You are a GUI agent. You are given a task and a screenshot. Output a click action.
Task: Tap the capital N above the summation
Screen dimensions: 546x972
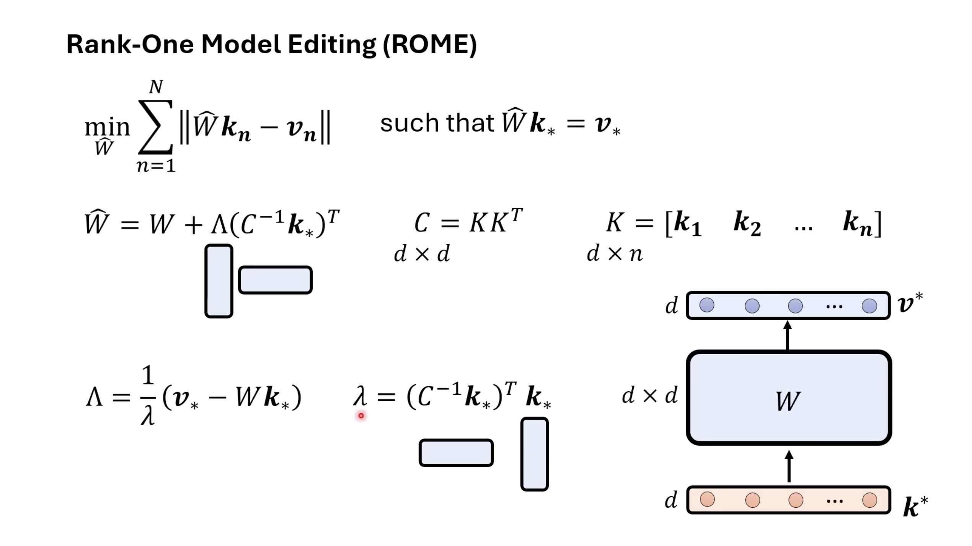(156, 87)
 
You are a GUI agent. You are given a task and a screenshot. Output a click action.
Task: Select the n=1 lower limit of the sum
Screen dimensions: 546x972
(156, 166)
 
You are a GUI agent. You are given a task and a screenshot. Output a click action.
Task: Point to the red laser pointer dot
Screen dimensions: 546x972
(361, 415)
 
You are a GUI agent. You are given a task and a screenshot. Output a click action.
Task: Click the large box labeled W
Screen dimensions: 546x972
(789, 398)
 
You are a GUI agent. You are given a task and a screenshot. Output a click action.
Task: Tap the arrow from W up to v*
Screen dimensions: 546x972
(788, 335)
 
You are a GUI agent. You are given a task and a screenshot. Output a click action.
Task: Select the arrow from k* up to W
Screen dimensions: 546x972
(789, 466)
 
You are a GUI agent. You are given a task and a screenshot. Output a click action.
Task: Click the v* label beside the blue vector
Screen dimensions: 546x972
(910, 303)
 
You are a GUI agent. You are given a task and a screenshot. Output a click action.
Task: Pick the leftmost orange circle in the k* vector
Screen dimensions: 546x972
(707, 499)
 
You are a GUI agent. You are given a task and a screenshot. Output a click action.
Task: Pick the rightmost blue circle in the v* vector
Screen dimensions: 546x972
(869, 306)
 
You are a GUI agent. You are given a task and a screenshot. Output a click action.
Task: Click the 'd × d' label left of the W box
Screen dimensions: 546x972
(649, 395)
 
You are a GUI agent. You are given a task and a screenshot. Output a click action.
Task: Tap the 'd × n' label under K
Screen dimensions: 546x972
(614, 253)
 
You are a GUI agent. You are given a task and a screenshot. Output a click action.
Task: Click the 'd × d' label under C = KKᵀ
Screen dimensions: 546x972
(422, 253)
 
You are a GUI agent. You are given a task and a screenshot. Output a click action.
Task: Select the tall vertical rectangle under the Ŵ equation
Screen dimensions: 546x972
(219, 281)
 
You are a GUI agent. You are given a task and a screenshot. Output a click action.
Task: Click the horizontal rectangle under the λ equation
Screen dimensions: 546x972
(456, 453)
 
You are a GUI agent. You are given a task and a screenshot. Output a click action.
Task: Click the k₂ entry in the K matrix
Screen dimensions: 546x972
(747, 223)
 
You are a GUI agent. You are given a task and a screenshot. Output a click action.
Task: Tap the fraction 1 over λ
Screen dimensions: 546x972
(148, 395)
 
